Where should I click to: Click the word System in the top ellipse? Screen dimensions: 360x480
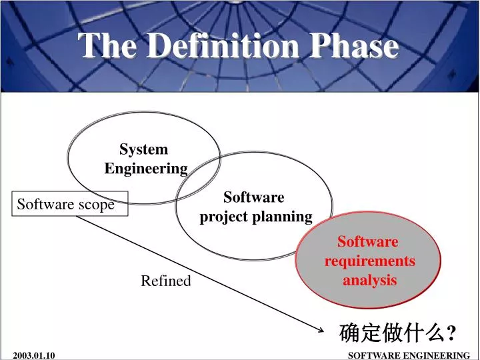[x=143, y=149]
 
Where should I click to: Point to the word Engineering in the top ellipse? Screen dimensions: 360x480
[x=146, y=168]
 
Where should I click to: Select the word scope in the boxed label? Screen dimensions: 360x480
[x=96, y=205]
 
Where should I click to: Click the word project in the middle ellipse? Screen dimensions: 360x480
[x=224, y=217]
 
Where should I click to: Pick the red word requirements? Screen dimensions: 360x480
[x=369, y=261]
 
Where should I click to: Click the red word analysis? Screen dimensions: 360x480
[x=369, y=280]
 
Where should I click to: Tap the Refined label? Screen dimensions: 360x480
[x=165, y=281]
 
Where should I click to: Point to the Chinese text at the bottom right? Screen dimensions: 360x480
[x=392, y=331]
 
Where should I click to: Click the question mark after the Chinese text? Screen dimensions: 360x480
[x=451, y=331]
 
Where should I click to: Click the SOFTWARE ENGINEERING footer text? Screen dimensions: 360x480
[x=409, y=355]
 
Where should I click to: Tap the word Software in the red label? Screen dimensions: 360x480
[x=367, y=241]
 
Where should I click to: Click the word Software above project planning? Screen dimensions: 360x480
[x=253, y=197]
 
